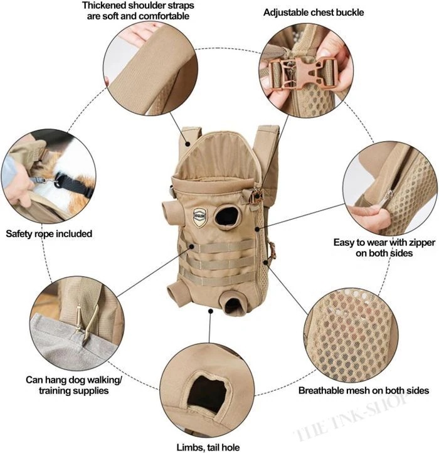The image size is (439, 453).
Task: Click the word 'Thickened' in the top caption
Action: (x=103, y=5)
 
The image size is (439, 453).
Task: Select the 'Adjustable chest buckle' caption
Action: (x=314, y=13)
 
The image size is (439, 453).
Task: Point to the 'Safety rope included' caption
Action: (x=49, y=234)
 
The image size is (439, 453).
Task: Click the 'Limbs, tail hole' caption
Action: (x=208, y=447)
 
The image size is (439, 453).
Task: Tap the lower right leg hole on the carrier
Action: (x=233, y=306)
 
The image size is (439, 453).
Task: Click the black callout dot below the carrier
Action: (x=211, y=311)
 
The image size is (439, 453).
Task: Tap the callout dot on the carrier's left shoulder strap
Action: (x=188, y=144)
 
